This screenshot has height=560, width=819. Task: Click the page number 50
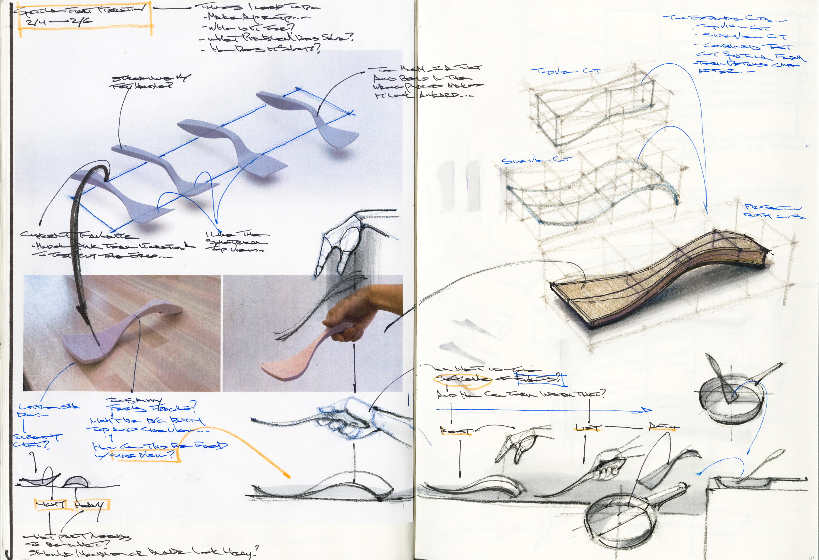tap(25, 558)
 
